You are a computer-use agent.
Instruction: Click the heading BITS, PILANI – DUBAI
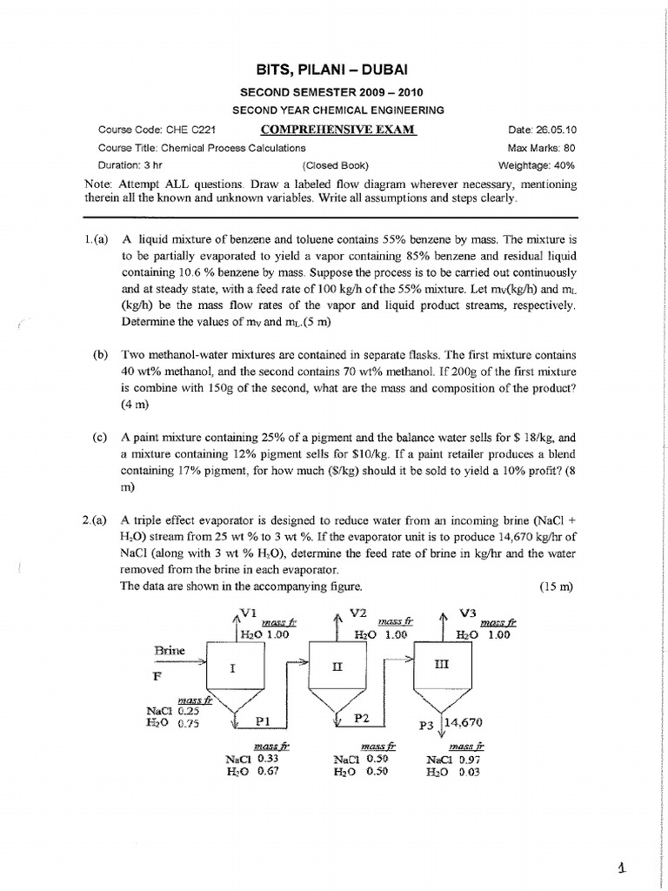pos(334,68)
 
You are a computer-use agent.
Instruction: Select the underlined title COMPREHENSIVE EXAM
pos(338,131)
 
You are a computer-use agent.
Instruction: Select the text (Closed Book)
pos(336,164)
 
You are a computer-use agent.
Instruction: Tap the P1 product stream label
pos(264,720)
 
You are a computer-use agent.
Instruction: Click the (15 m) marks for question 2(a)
pos(557,586)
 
